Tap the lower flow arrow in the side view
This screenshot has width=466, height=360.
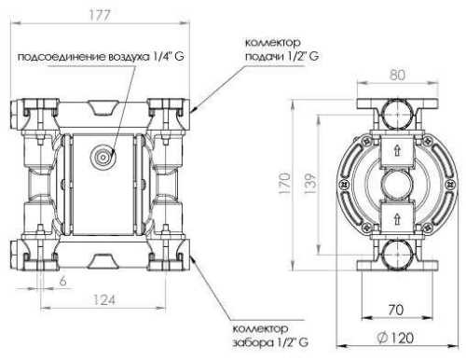(398, 217)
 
